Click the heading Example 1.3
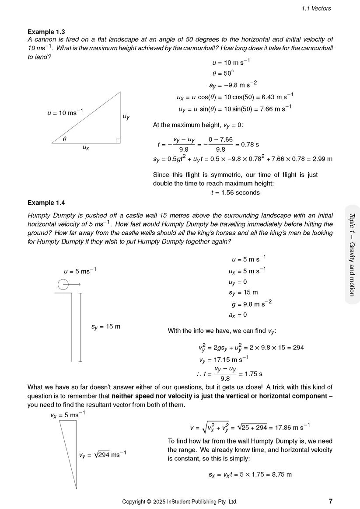pyautogui.click(x=46, y=32)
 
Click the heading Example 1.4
pyautogui.click(x=46, y=202)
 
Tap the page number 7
pyautogui.click(x=330, y=501)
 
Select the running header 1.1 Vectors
pyautogui.click(x=316, y=8)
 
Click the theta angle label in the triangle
pyautogui.click(x=64, y=139)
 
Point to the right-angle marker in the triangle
pyautogui.click(x=118, y=140)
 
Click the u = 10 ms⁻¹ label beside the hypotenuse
pyautogui.click(x=65, y=112)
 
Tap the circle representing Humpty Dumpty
pyautogui.click(x=63, y=285)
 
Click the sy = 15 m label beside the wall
pyautogui.click(x=105, y=326)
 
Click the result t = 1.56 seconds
pyautogui.click(x=235, y=192)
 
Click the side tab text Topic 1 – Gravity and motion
pyautogui.click(x=352, y=255)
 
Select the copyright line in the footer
pyautogui.click(x=180, y=502)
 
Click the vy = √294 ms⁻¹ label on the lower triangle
pyautogui.click(x=103, y=455)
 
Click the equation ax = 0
pyautogui.click(x=238, y=314)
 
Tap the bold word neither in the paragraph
pyautogui.click(x=124, y=396)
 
